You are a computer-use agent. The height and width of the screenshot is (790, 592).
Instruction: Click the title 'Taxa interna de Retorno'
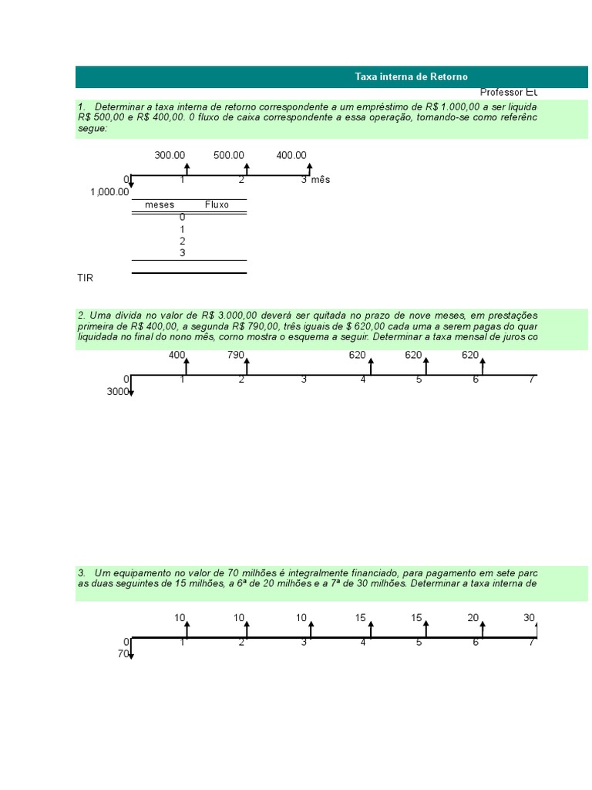coord(411,76)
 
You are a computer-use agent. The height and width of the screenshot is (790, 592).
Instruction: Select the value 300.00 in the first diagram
coord(170,155)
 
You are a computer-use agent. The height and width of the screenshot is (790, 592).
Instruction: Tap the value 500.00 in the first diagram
coord(229,155)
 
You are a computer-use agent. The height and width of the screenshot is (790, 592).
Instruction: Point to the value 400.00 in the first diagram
coord(291,155)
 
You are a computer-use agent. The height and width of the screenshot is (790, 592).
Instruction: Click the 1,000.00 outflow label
coord(109,192)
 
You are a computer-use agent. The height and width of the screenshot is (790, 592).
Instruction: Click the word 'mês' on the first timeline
coord(321,180)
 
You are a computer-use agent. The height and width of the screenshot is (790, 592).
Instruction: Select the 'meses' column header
coord(160,205)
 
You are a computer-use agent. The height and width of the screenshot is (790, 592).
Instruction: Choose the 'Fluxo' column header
coord(217,205)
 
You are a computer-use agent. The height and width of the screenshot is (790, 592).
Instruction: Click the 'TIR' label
coord(85,277)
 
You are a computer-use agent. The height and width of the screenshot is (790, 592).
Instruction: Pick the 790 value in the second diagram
coord(236,355)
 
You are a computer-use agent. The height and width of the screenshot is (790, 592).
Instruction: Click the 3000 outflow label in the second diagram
coord(117,392)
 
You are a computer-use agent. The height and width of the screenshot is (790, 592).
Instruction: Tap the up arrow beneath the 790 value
coord(247,365)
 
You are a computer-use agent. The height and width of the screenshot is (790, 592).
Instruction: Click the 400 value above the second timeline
coord(177,355)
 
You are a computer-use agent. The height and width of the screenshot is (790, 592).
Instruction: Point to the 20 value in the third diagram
coord(473,618)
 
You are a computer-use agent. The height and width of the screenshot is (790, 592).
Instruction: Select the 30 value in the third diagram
coord(529,618)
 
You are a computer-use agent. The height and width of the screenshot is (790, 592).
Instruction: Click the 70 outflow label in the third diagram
coord(123,654)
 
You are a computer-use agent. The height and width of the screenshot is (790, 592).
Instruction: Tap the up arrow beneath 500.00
coord(247,169)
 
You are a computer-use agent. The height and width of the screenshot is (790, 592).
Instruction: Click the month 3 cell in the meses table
coord(183,252)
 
